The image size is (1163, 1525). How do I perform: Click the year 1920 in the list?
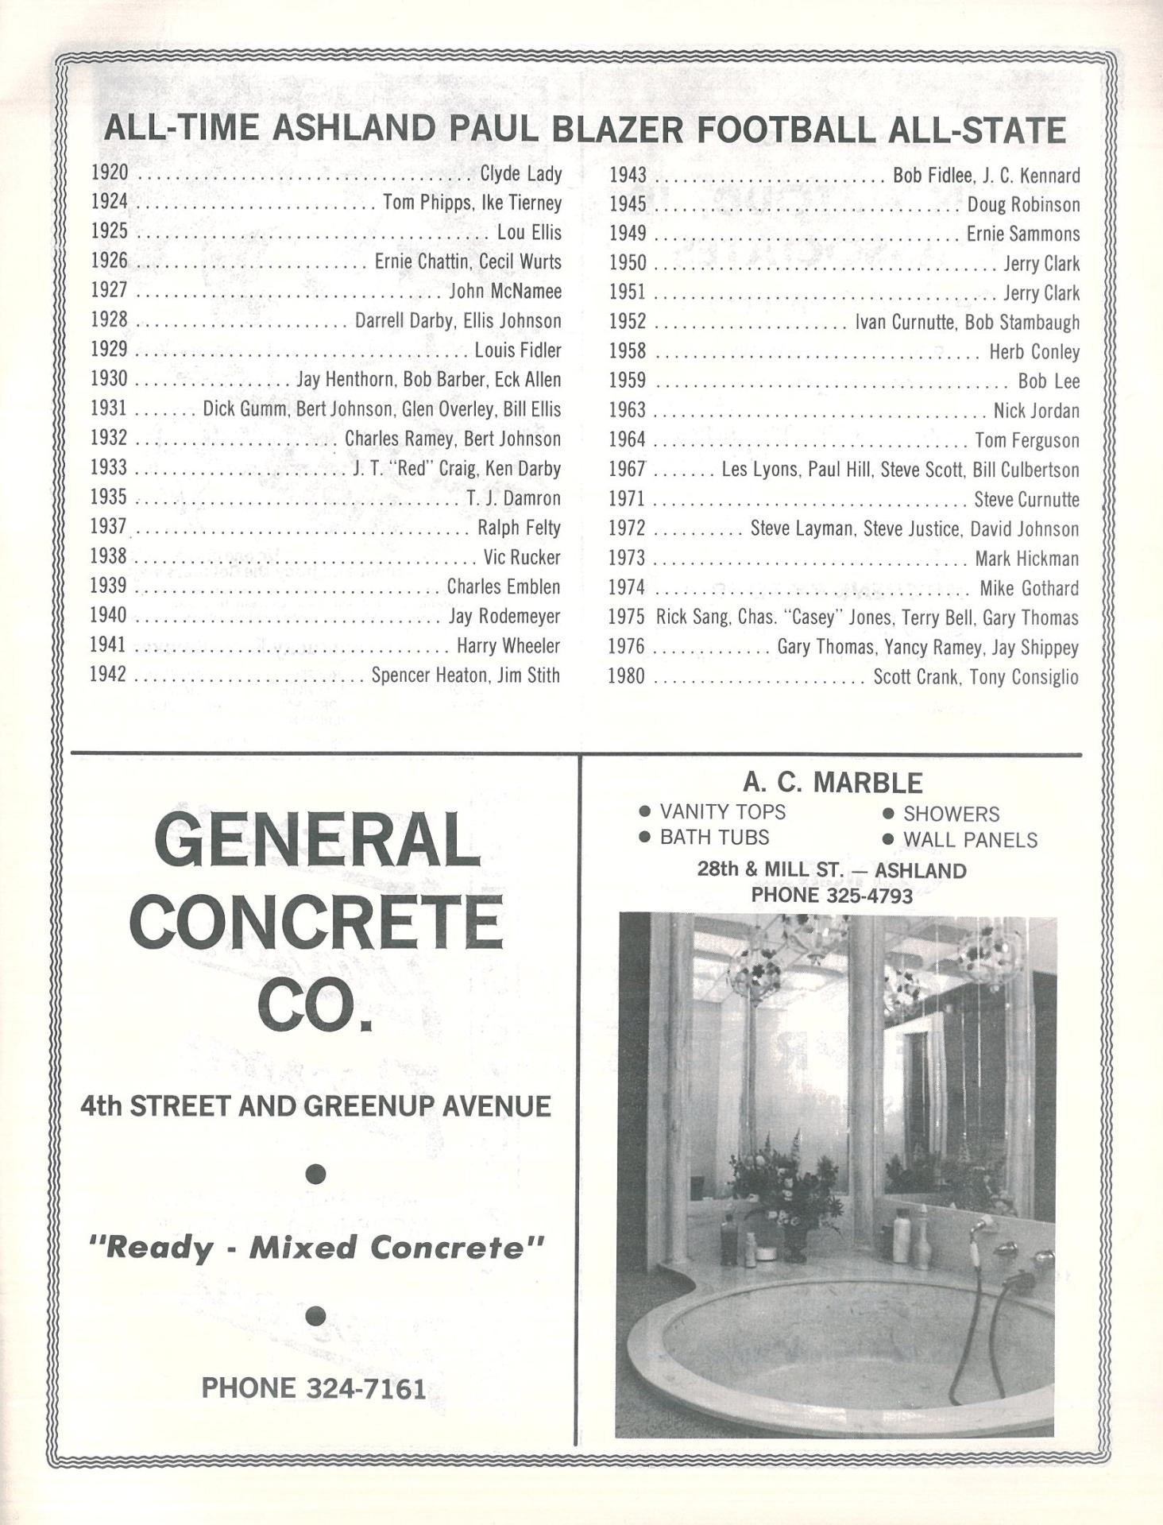pyautogui.click(x=109, y=172)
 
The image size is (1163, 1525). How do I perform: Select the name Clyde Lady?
pyautogui.click(x=520, y=173)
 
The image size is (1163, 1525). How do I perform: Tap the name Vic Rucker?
pyautogui.click(x=522, y=557)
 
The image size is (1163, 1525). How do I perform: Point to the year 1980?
pyautogui.click(x=627, y=676)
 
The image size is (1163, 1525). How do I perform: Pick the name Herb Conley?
pyautogui.click(x=1034, y=351)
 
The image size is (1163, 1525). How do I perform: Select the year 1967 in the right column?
pyautogui.click(x=628, y=470)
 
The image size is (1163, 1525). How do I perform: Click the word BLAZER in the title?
pyautogui.click(x=626, y=130)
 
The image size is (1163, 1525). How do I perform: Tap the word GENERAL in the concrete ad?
pyautogui.click(x=316, y=841)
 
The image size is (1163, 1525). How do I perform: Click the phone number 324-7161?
pyautogui.click(x=365, y=1388)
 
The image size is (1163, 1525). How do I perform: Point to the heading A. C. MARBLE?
pyautogui.click(x=833, y=783)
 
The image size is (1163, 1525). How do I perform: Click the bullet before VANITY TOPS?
pyautogui.click(x=645, y=811)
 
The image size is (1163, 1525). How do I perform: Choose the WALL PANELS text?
pyautogui.click(x=970, y=840)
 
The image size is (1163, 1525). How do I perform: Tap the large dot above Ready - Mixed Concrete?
pyautogui.click(x=315, y=1174)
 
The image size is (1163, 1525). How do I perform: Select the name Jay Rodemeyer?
pyautogui.click(x=504, y=616)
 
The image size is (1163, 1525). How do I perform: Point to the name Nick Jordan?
pyautogui.click(x=1036, y=411)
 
